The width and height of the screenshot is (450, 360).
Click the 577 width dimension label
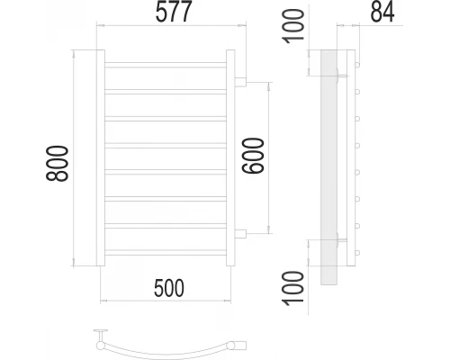click(x=174, y=12)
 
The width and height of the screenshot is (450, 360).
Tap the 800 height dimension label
click(x=57, y=164)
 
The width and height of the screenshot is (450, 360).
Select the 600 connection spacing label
click(x=253, y=156)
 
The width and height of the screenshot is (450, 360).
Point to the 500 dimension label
click(x=169, y=288)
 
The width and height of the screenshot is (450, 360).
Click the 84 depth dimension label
click(x=382, y=12)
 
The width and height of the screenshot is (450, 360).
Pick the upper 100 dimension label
click(x=293, y=26)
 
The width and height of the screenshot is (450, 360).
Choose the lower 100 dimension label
click(x=293, y=288)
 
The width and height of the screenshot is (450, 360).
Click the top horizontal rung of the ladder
click(x=166, y=65)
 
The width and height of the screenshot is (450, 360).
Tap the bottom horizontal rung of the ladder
click(x=166, y=253)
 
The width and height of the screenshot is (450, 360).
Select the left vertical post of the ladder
click(x=101, y=157)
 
